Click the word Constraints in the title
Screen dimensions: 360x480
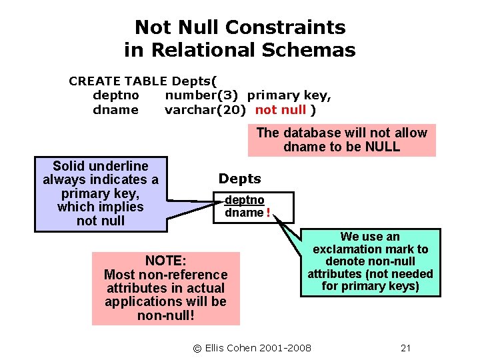[x=285, y=27]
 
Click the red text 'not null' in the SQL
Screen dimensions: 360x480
[x=281, y=110]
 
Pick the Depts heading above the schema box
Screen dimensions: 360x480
[x=240, y=179]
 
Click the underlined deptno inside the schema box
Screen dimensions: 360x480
[x=245, y=200]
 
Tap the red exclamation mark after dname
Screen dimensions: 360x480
[x=268, y=213]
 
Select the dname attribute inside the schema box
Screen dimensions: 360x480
[x=244, y=213]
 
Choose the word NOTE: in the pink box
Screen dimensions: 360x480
[x=165, y=261]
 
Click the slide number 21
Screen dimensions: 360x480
[x=405, y=348]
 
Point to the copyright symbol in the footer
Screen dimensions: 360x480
[x=197, y=348]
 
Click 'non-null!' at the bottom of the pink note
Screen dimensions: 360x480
[x=165, y=315]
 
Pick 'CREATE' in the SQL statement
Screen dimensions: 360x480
[x=93, y=81]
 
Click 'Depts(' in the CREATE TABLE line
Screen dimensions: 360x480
[x=193, y=81]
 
